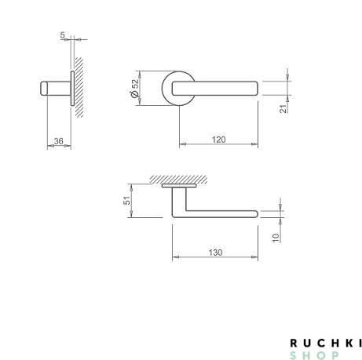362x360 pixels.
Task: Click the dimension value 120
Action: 218,140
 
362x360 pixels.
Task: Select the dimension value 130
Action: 215,253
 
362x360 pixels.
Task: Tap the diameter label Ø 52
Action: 135,89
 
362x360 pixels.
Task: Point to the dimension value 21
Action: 283,109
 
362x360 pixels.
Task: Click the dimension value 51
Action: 126,201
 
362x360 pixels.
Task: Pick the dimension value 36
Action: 58,141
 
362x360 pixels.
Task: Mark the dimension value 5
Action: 62,35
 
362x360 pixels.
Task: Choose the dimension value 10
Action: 276,238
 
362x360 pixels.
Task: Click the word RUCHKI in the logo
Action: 326,343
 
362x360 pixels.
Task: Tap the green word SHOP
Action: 314,355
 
